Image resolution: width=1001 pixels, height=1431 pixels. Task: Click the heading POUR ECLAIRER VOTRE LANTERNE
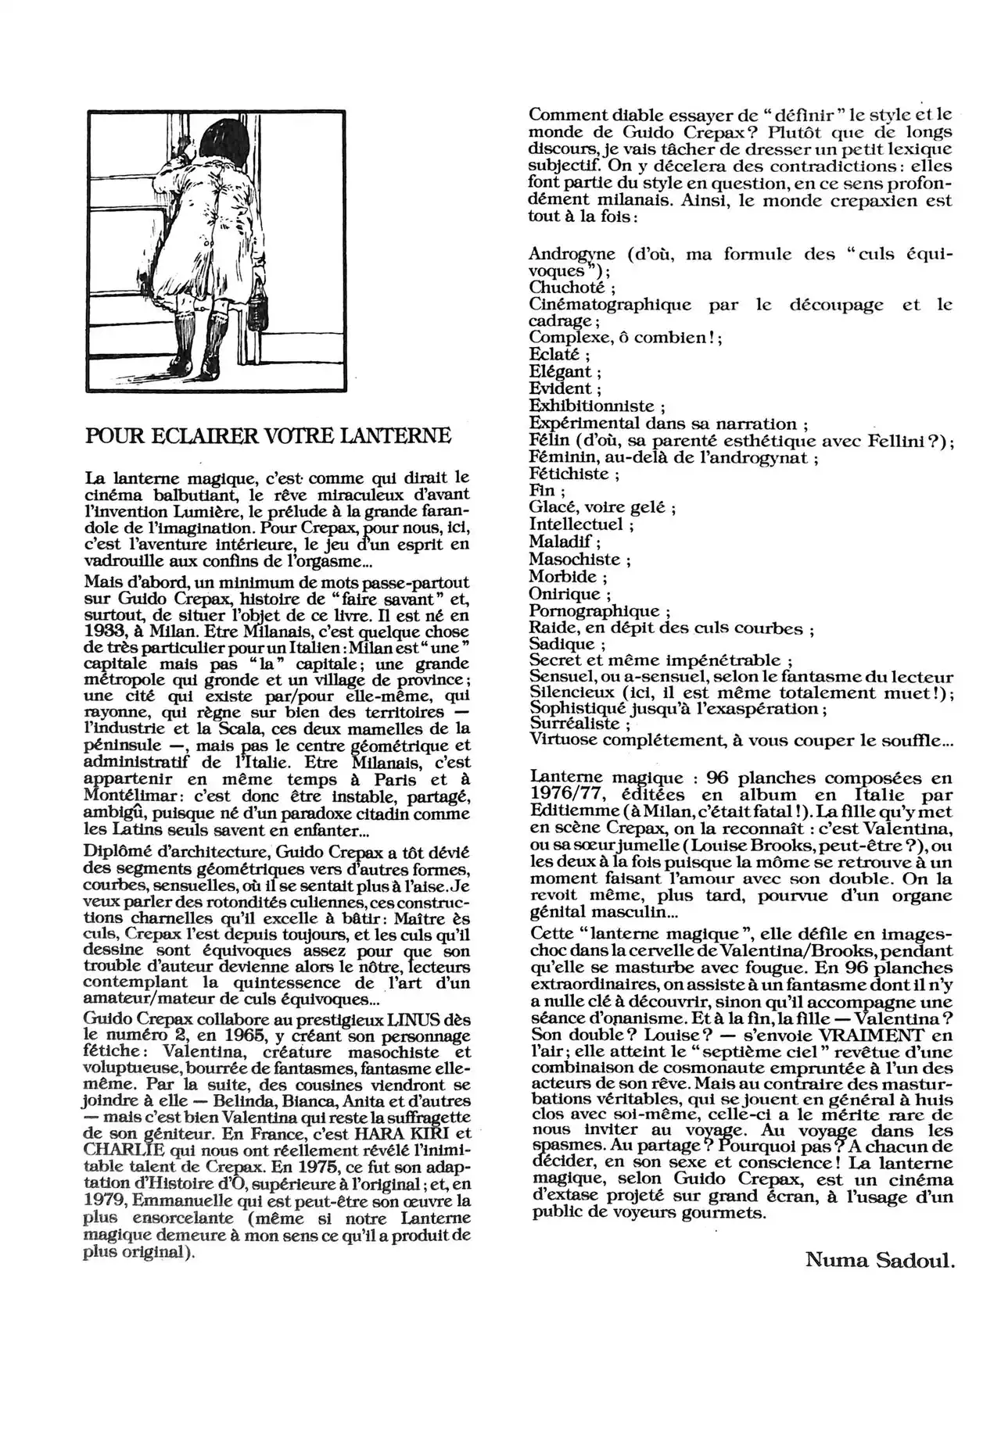coord(268,435)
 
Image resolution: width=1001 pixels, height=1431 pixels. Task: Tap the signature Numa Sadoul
coord(880,1259)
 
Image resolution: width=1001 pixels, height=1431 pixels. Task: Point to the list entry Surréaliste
coord(574,724)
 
